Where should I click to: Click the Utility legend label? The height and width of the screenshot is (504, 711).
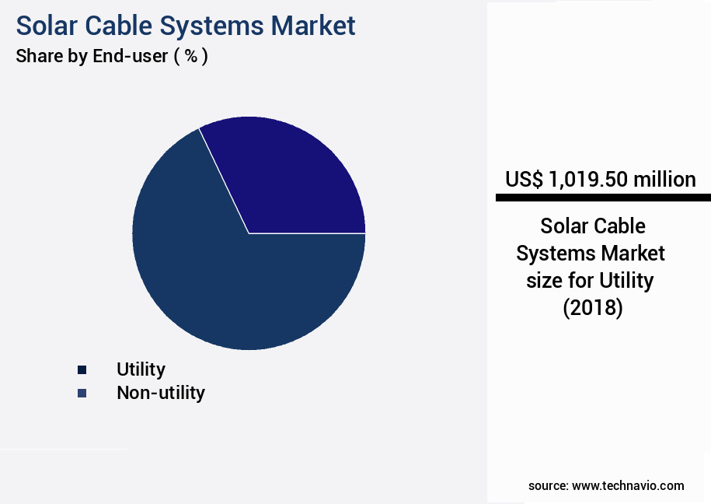pyautogui.click(x=141, y=369)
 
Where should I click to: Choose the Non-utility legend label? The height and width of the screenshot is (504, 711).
pyautogui.click(x=161, y=393)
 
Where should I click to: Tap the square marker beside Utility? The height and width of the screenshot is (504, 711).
pyautogui.click(x=82, y=370)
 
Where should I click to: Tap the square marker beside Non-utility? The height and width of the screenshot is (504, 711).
pyautogui.click(x=82, y=394)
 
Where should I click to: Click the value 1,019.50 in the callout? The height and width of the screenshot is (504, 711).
pyautogui.click(x=587, y=180)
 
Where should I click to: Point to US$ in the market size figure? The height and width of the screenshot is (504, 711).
pyautogui.click(x=525, y=180)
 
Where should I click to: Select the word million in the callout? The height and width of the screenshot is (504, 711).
pyautogui.click(x=664, y=180)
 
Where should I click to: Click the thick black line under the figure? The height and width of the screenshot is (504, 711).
pyautogui.click(x=602, y=198)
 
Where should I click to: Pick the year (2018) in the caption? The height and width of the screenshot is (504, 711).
pyautogui.click(x=593, y=308)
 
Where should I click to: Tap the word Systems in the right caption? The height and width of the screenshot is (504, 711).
pyautogui.click(x=553, y=254)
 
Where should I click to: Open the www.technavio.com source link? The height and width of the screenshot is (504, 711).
pyautogui.click(x=628, y=486)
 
